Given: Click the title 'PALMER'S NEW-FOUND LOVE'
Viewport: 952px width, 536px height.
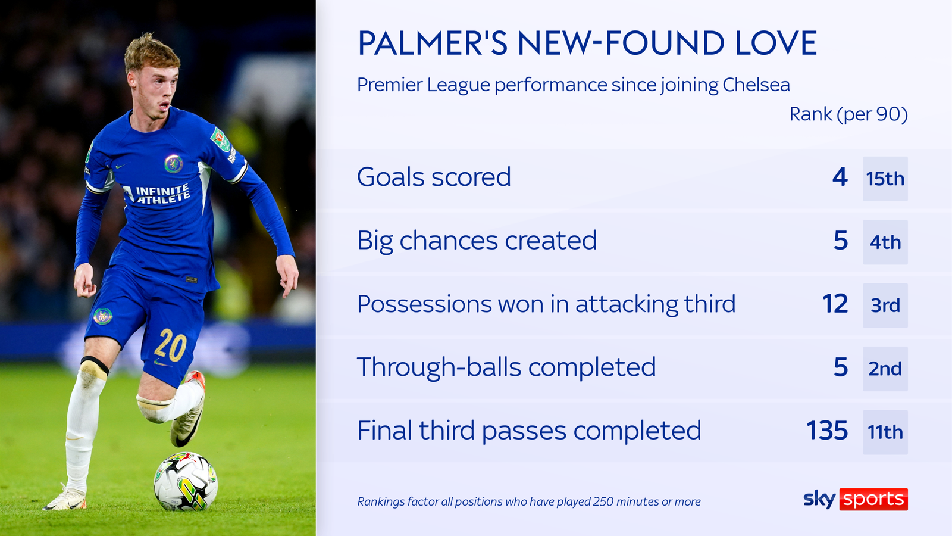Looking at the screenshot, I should [x=587, y=43].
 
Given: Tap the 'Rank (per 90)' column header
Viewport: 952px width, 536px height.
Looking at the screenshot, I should [x=848, y=114].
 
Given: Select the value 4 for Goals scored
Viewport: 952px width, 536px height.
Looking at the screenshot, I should [x=840, y=177].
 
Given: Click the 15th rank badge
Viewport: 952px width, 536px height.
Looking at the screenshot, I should [x=885, y=179].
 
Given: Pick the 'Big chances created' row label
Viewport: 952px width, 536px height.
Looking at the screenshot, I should [x=477, y=241].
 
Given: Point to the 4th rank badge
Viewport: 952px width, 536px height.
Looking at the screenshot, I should [x=885, y=242].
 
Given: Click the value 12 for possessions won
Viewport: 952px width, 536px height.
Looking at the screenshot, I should [x=835, y=304].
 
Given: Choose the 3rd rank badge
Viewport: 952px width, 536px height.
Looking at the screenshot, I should [x=885, y=306].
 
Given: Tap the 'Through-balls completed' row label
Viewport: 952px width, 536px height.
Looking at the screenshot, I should [x=506, y=367].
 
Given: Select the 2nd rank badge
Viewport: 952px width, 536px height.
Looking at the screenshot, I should [x=885, y=369].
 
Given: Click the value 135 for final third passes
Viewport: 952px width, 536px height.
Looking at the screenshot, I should [x=826, y=431].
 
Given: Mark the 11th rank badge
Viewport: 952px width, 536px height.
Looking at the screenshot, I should [x=885, y=432].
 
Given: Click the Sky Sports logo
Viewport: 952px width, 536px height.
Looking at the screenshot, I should [x=855, y=499].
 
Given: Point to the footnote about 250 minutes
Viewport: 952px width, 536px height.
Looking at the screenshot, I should [x=528, y=501].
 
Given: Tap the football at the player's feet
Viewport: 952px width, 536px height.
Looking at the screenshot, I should [x=186, y=481].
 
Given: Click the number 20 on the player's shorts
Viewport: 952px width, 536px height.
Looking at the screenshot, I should [x=171, y=345].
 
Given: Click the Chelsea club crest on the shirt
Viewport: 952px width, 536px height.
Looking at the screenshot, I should [x=173, y=163].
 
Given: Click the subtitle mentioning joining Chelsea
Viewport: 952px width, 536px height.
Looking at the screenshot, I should [x=573, y=85].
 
